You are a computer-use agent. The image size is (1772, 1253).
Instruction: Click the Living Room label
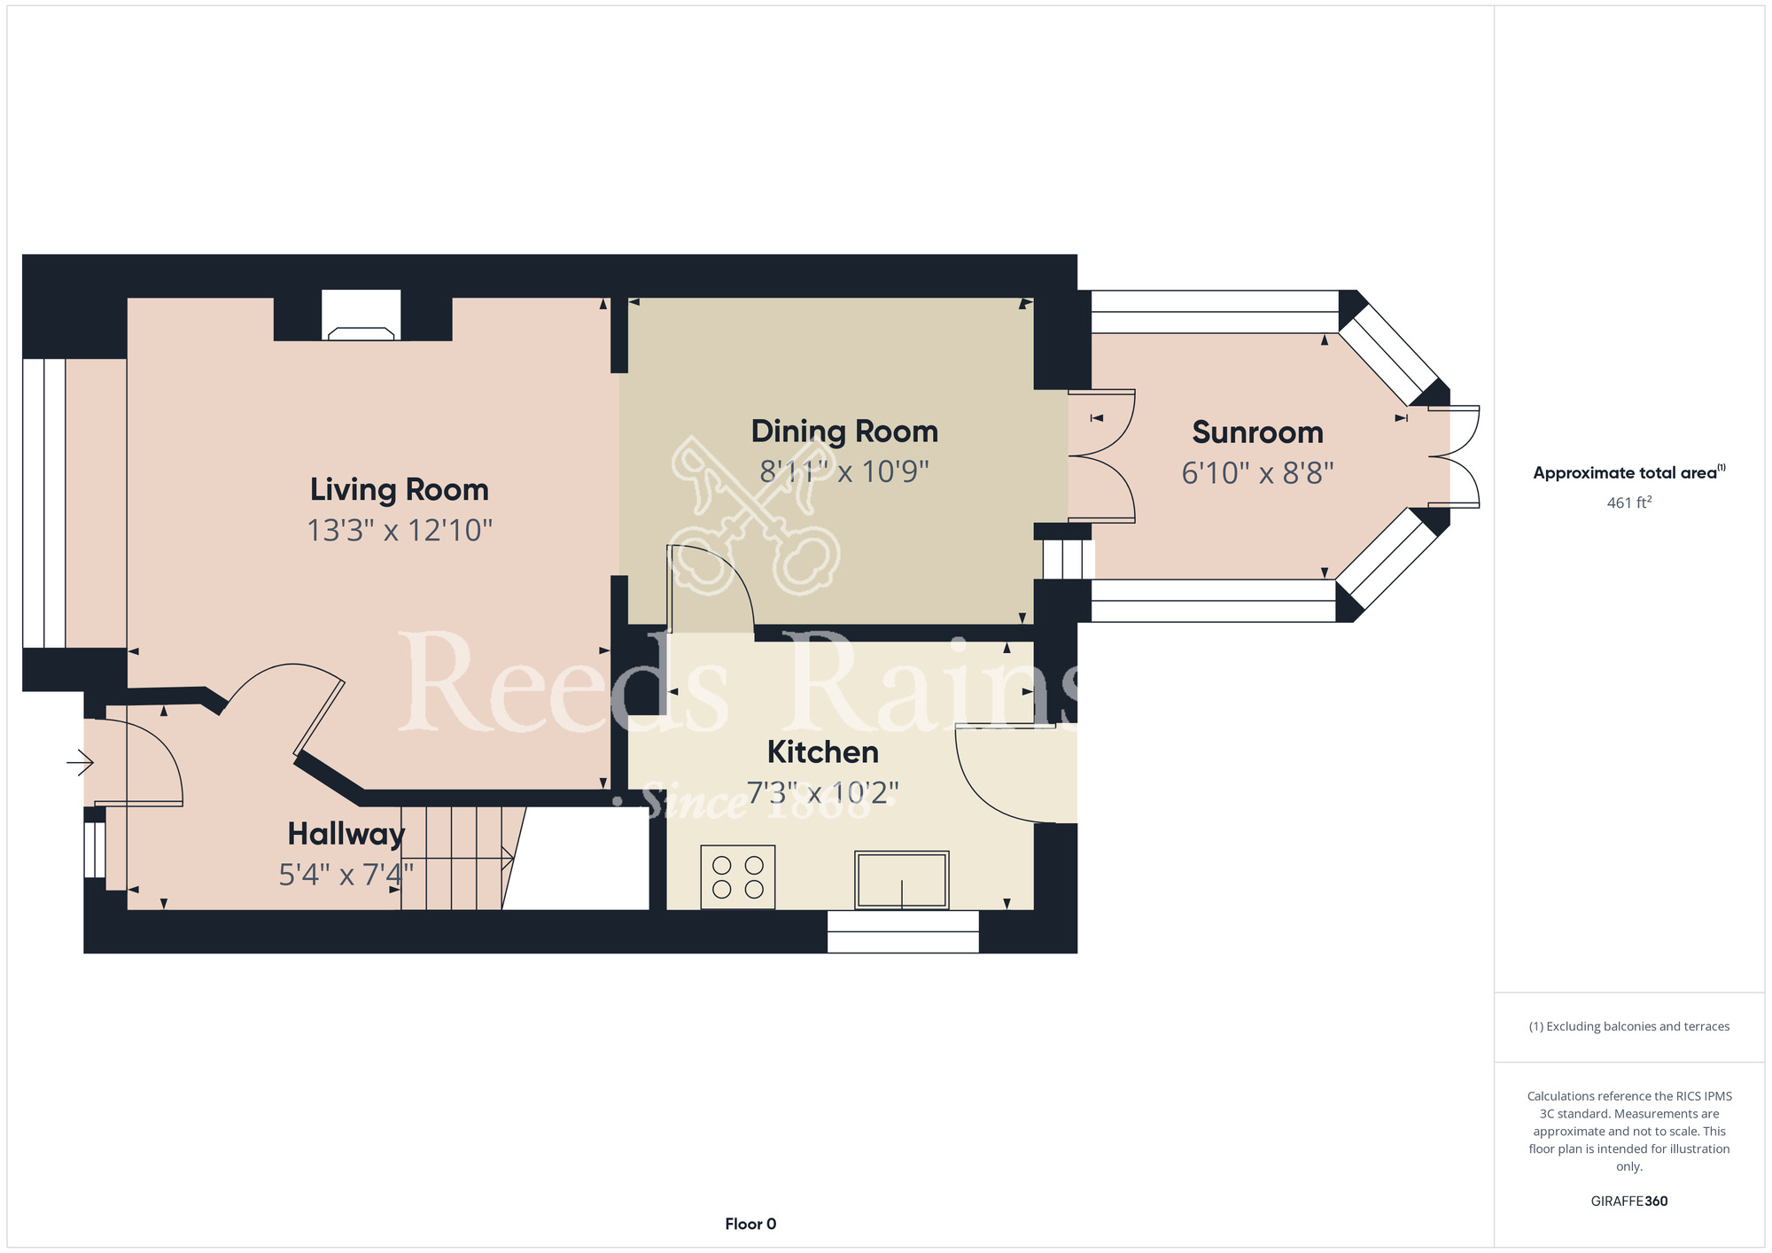(x=400, y=490)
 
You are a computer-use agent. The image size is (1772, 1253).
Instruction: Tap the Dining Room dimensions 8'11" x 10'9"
(x=844, y=471)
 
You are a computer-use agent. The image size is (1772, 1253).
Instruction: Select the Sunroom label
(x=1257, y=432)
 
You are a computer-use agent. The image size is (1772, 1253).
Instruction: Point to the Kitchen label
(x=823, y=752)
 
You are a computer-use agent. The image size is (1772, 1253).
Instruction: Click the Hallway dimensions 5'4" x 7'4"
(x=346, y=875)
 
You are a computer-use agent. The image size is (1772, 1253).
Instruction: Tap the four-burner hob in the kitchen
(x=738, y=877)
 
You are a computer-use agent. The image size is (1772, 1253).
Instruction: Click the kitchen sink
(x=902, y=880)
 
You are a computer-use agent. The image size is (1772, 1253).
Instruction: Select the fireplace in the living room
(x=361, y=315)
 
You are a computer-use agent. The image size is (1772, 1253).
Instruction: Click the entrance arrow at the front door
(x=81, y=761)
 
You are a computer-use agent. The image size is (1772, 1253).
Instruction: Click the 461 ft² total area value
(x=1629, y=502)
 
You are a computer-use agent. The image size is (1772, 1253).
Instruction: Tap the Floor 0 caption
(x=750, y=1224)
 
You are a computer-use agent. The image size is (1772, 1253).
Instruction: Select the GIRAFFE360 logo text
(x=1629, y=1202)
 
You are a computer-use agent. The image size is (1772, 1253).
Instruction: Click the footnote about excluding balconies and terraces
(x=1629, y=1026)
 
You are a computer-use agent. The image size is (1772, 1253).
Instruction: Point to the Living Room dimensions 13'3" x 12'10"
(x=400, y=531)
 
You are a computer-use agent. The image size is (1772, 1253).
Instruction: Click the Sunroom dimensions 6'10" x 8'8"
(x=1257, y=473)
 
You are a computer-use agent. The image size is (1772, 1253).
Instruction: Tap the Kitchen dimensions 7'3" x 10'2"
(x=823, y=792)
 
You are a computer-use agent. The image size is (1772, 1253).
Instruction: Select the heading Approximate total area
(x=1629, y=472)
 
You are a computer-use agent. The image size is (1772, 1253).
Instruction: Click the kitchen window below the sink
(x=903, y=931)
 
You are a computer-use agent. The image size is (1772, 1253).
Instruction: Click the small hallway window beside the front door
(x=95, y=850)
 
